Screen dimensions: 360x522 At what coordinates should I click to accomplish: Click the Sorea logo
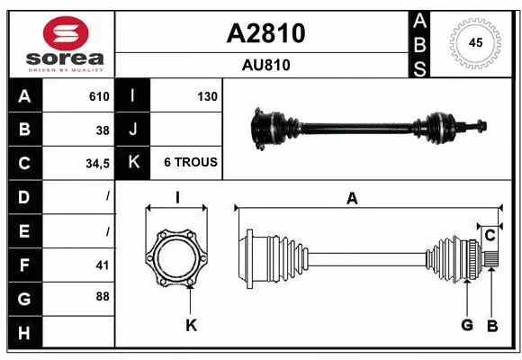pos(59,44)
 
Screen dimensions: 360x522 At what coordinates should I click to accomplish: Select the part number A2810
pos(265,33)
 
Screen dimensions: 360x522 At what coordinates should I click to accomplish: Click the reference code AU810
pos(265,65)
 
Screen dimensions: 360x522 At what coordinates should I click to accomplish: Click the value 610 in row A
pos(99,96)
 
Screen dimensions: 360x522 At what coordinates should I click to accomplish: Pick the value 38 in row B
pos(103,130)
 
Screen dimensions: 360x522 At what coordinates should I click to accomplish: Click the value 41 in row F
pos(103,265)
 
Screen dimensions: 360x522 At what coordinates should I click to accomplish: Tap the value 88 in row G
pos(103,296)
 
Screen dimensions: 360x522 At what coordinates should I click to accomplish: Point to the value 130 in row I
pos(207,96)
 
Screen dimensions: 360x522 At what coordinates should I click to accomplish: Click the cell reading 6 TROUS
pos(190,163)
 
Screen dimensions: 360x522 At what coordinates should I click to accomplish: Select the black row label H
pos(23,334)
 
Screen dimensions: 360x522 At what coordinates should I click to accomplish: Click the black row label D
pos(23,197)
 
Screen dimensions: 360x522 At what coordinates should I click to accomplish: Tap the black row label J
pos(133,130)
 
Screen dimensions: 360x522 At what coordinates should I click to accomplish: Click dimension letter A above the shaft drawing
pos(352,199)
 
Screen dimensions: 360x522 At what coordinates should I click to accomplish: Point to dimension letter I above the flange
pos(177,198)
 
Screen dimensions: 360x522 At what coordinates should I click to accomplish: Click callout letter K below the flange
pos(191,325)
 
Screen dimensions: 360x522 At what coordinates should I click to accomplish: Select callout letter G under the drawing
pos(467,325)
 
